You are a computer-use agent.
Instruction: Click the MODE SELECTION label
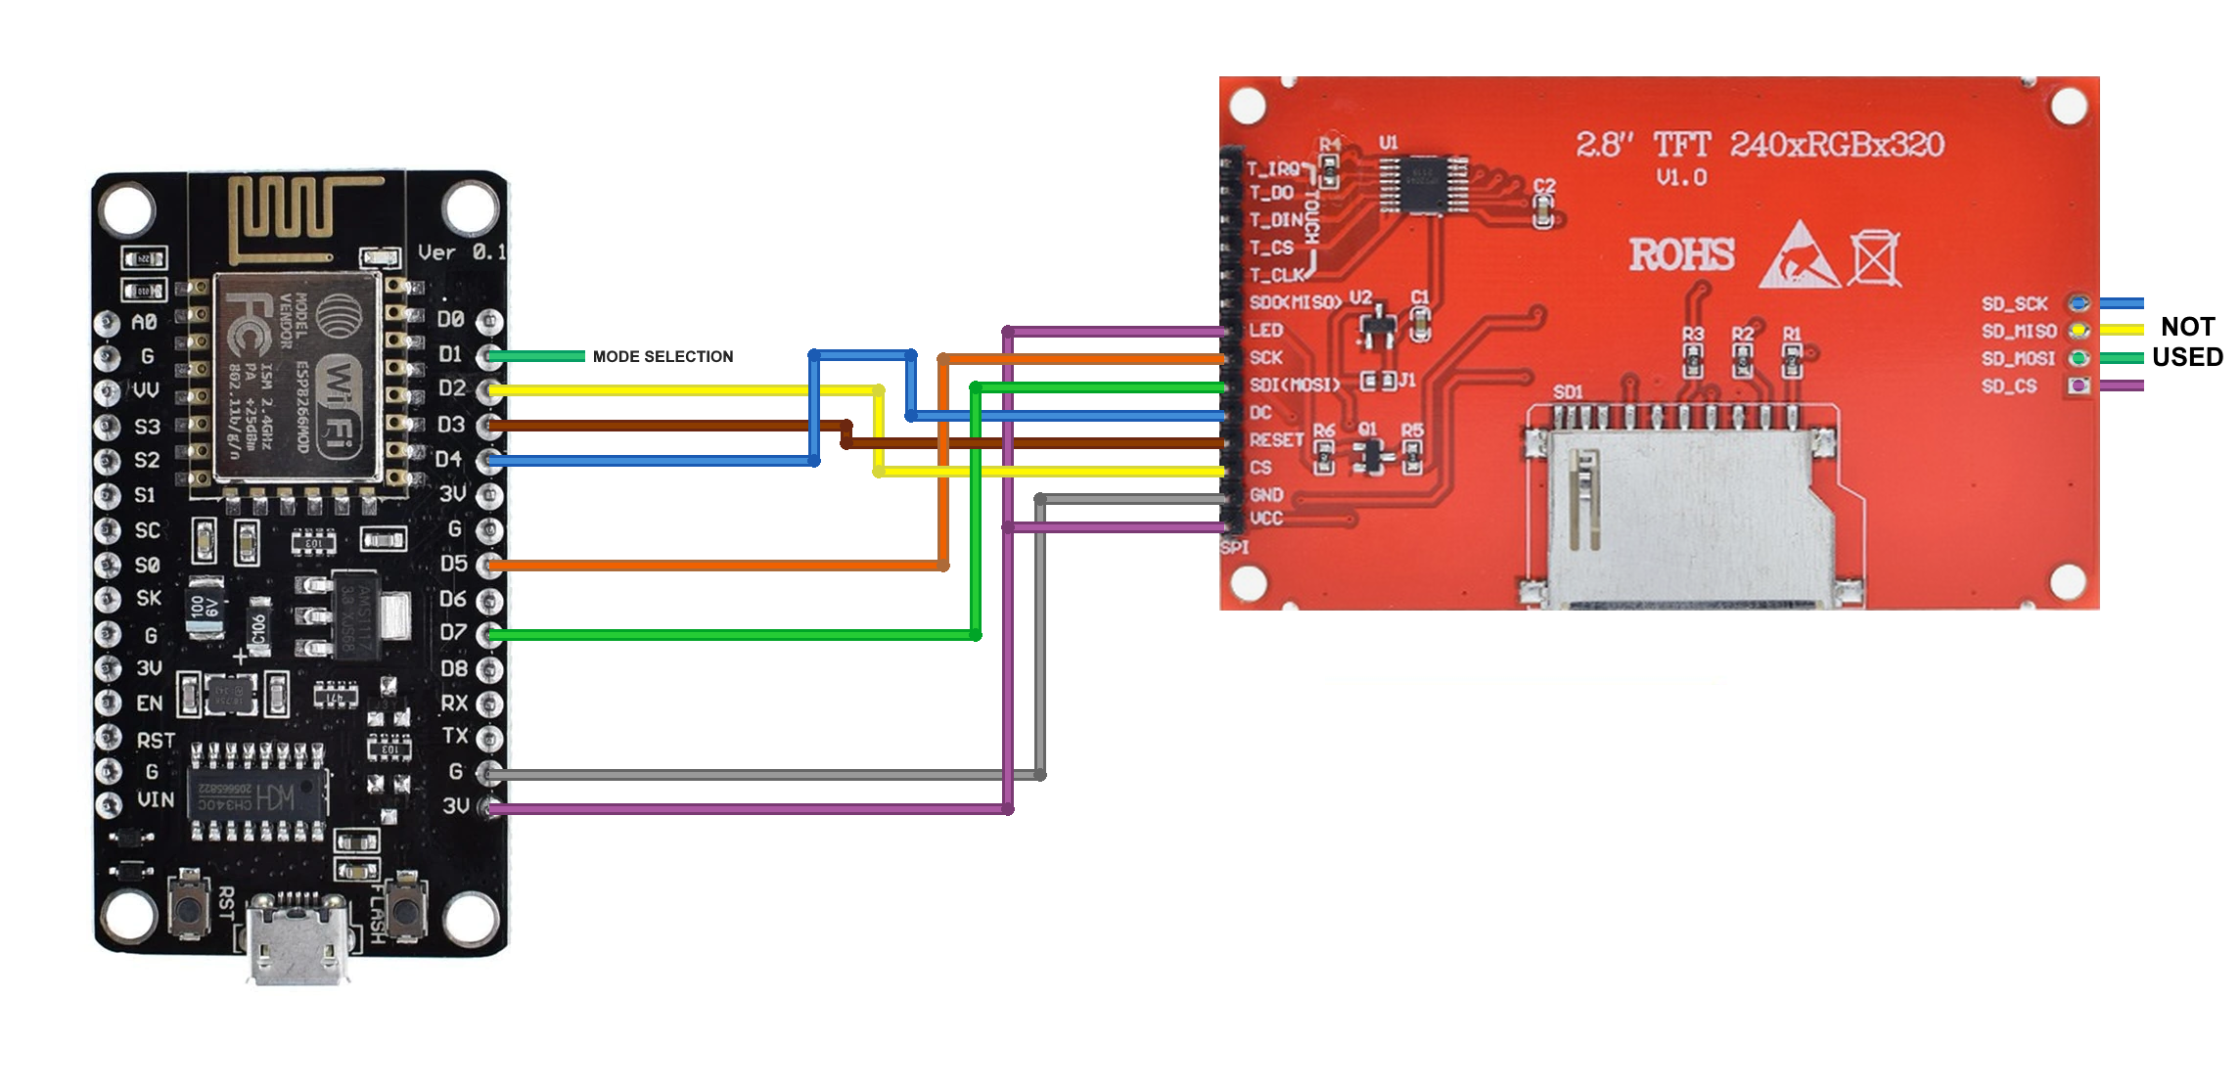[663, 357]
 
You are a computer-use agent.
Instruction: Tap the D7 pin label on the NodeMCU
[453, 632]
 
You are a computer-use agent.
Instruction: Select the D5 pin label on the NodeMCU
[453, 564]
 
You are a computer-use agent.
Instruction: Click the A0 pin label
[144, 323]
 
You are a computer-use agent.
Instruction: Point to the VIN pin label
[156, 799]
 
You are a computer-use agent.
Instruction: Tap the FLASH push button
[405, 908]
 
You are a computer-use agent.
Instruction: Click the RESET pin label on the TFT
[1276, 440]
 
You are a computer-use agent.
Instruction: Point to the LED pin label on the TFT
[1265, 331]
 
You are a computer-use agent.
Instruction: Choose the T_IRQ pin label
[1272, 169]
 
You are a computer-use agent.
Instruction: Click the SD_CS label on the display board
[2009, 386]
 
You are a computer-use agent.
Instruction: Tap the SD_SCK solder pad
[2079, 303]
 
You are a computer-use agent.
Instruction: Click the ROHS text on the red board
[1681, 255]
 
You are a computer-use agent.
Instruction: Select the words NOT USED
[2187, 341]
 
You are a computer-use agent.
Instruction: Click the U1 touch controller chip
[1422, 185]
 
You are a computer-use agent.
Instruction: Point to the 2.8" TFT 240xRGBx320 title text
[1759, 145]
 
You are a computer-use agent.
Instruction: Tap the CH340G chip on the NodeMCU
[258, 794]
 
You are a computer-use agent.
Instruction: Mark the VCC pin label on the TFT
[1265, 519]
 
